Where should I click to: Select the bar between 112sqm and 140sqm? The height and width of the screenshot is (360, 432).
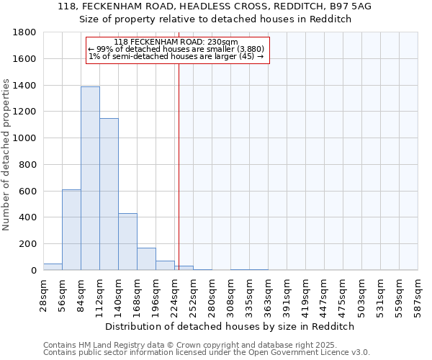(x=109, y=194)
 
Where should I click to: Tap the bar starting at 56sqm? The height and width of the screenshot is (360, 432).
(x=71, y=230)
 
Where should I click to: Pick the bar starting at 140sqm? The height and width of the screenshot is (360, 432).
(x=127, y=241)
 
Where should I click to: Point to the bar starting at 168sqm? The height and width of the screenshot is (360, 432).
(x=146, y=258)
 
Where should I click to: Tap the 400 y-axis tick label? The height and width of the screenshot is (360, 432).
(x=28, y=217)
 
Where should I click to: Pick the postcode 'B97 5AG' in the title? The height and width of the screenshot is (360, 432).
(x=354, y=6)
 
